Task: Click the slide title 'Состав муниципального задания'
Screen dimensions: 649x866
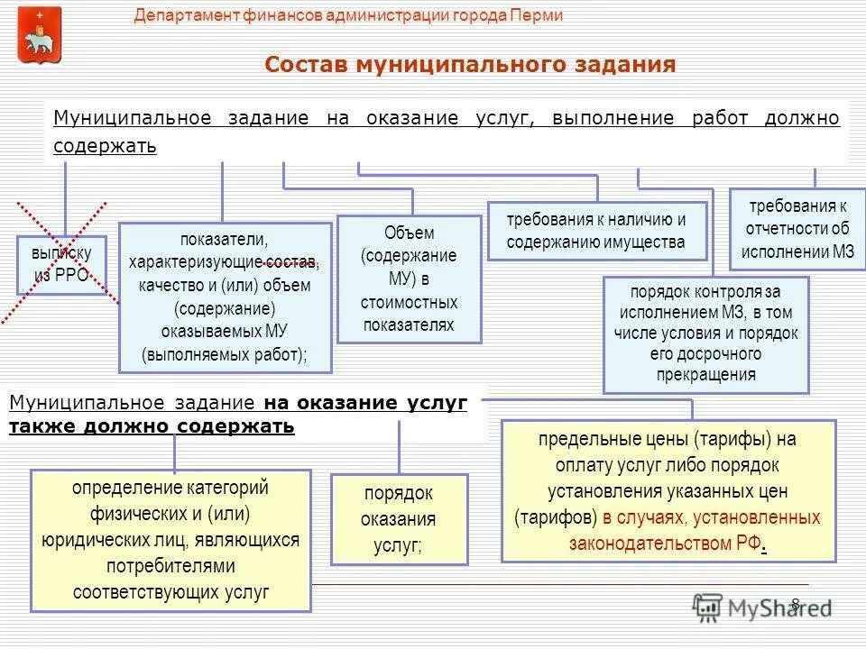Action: (470, 65)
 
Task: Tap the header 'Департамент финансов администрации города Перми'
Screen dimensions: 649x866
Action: (348, 16)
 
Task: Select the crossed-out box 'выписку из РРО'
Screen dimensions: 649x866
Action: (61, 265)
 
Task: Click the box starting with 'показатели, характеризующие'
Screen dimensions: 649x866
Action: (225, 297)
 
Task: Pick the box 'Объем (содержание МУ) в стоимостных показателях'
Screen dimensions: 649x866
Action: (409, 279)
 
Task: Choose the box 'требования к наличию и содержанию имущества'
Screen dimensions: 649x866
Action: (595, 231)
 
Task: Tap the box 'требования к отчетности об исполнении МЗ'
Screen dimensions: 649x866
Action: (797, 229)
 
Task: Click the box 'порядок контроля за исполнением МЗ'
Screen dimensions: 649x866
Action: (705, 334)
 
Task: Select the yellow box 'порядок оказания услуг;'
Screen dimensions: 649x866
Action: (399, 519)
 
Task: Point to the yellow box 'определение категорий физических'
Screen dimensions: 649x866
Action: (170, 540)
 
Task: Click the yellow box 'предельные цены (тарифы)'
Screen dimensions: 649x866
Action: (668, 491)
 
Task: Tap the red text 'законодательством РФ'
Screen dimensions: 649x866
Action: (665, 544)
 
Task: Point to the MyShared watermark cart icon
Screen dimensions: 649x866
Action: (708, 607)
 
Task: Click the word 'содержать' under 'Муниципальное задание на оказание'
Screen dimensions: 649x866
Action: (105, 146)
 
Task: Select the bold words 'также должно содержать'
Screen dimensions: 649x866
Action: (152, 426)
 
